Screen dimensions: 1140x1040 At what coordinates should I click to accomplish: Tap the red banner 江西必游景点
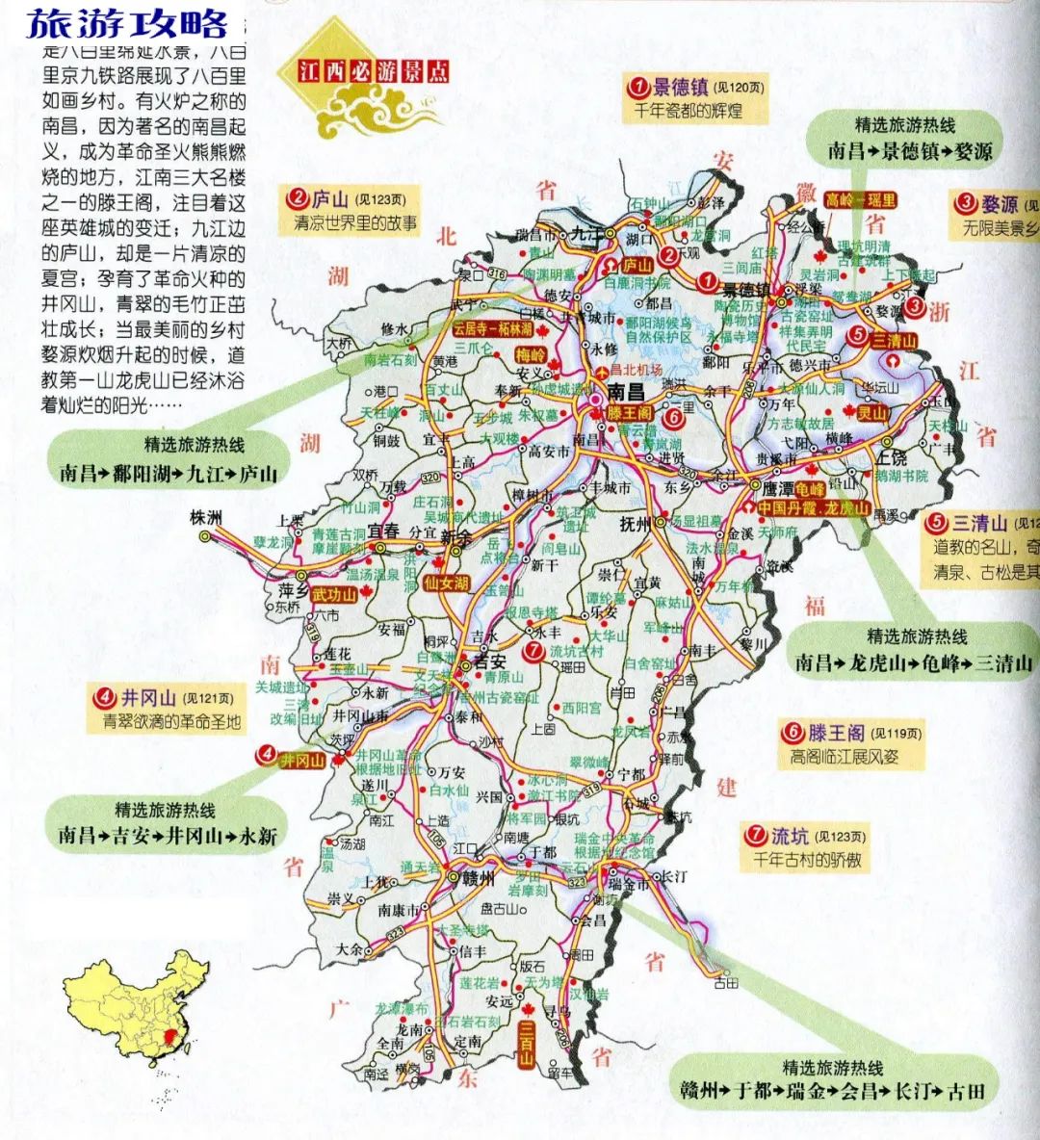coord(373,71)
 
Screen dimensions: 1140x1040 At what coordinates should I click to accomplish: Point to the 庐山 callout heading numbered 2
coord(329,199)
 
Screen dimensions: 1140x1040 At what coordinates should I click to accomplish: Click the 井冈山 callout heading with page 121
coord(148,697)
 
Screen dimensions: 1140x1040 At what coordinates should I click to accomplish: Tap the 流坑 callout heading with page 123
coord(790,836)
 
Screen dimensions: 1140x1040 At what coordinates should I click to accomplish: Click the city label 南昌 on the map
coord(625,392)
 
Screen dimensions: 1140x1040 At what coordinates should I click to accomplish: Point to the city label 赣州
coord(478,878)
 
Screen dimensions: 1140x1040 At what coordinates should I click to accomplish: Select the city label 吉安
coord(489,661)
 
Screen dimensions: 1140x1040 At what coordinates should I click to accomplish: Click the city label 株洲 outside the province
coord(206,518)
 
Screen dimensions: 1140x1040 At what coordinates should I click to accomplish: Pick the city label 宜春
coord(382,531)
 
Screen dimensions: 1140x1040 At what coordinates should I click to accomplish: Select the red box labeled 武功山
coord(333,594)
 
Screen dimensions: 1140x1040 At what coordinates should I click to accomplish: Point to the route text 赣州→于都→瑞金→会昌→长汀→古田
coord(832,1091)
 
